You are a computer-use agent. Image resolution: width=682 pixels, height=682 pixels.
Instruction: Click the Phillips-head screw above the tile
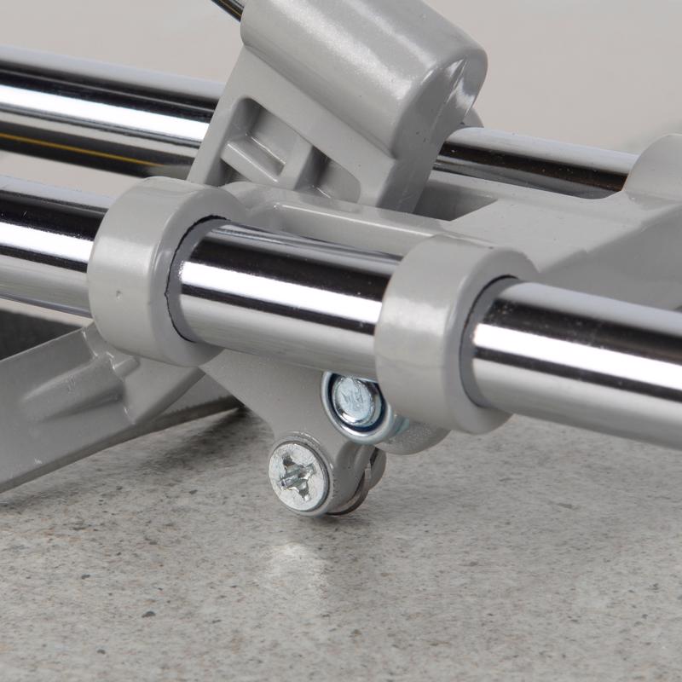pos(299,476)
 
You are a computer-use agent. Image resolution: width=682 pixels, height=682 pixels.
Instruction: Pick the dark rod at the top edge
pos(230,7)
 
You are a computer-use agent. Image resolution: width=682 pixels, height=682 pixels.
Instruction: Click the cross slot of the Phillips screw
pos(299,476)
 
